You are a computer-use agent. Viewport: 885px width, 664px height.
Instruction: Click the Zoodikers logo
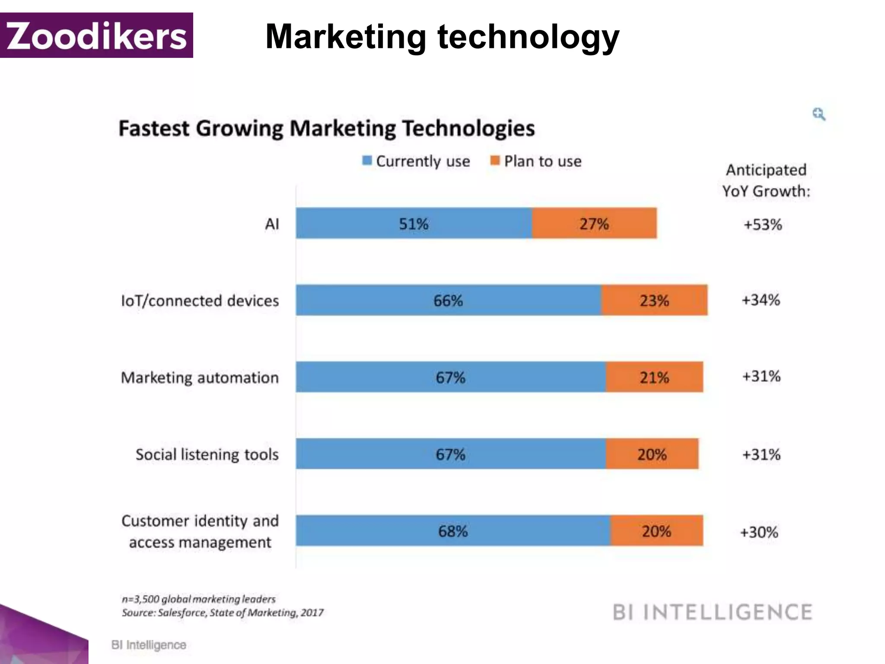pos(96,35)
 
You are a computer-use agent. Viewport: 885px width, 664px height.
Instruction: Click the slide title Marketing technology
pos(442,37)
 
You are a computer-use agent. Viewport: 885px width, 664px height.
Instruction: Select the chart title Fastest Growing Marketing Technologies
pos(327,128)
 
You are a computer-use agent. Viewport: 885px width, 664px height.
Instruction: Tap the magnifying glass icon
pos(818,114)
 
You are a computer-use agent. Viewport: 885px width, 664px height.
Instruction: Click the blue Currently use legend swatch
pos(367,161)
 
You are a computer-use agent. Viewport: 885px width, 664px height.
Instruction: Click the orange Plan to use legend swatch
pos(495,161)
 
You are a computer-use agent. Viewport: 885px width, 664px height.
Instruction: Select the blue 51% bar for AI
pos(414,223)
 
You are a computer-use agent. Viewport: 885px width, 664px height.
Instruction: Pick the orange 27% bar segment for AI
pos(594,223)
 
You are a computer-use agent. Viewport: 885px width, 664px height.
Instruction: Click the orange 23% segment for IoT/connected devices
pos(654,300)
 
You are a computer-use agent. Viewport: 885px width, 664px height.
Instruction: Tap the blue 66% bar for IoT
pos(448,300)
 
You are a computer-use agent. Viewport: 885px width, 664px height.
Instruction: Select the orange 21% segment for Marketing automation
pos(654,377)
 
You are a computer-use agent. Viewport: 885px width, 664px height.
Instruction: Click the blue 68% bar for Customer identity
pos(453,531)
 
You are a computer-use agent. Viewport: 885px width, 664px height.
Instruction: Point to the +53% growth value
pos(763,225)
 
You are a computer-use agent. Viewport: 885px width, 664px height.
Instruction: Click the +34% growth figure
pos(761,300)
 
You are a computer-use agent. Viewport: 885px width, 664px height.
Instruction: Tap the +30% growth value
pos(759,532)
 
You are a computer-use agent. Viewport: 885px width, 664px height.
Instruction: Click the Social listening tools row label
pos(207,454)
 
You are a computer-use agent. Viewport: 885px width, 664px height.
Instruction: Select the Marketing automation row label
pos(200,377)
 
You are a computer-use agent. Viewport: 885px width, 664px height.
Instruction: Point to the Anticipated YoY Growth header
pos(766,180)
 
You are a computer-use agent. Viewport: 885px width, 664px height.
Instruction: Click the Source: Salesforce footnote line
pos(223,613)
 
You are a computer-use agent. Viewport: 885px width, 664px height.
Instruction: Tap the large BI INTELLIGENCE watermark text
pos(713,612)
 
